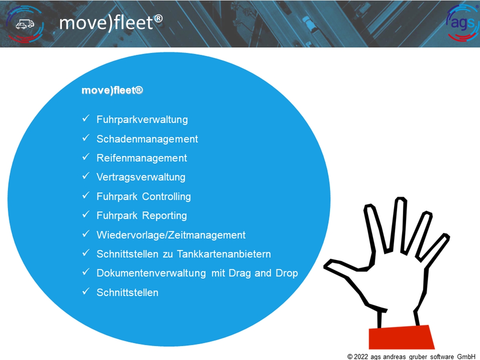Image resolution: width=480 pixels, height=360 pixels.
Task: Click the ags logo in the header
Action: coord(462,23)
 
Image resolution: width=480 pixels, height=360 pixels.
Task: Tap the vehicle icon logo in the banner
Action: coord(25,24)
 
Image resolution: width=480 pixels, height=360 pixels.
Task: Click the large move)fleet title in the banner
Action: coord(111,23)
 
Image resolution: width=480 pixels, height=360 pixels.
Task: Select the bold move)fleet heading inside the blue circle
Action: coord(112,90)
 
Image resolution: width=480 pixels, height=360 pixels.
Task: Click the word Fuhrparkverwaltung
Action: coord(142,120)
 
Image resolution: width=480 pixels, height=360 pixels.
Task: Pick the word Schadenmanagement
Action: coord(147,139)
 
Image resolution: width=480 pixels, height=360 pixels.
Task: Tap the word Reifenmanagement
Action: coord(142,158)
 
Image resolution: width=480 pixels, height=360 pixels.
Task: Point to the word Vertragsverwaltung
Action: coord(141,177)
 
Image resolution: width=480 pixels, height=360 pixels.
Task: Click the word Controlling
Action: coord(166,196)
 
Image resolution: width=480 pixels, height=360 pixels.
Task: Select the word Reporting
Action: coord(164,216)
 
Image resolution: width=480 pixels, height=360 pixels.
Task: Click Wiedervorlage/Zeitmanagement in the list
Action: coord(171,235)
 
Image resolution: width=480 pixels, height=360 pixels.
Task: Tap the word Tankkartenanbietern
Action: coord(224,254)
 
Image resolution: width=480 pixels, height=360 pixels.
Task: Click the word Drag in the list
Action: coord(240,273)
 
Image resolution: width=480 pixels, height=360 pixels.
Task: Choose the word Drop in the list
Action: coord(287,273)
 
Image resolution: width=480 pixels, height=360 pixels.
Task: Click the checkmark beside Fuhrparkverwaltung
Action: coord(86,118)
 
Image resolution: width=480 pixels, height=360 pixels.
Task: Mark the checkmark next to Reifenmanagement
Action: coord(86,157)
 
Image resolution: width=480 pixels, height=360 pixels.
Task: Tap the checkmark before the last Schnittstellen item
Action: coord(86,291)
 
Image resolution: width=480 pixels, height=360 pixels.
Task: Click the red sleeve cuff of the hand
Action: coord(401,337)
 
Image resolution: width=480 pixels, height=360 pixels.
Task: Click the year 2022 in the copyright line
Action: coord(361,356)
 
